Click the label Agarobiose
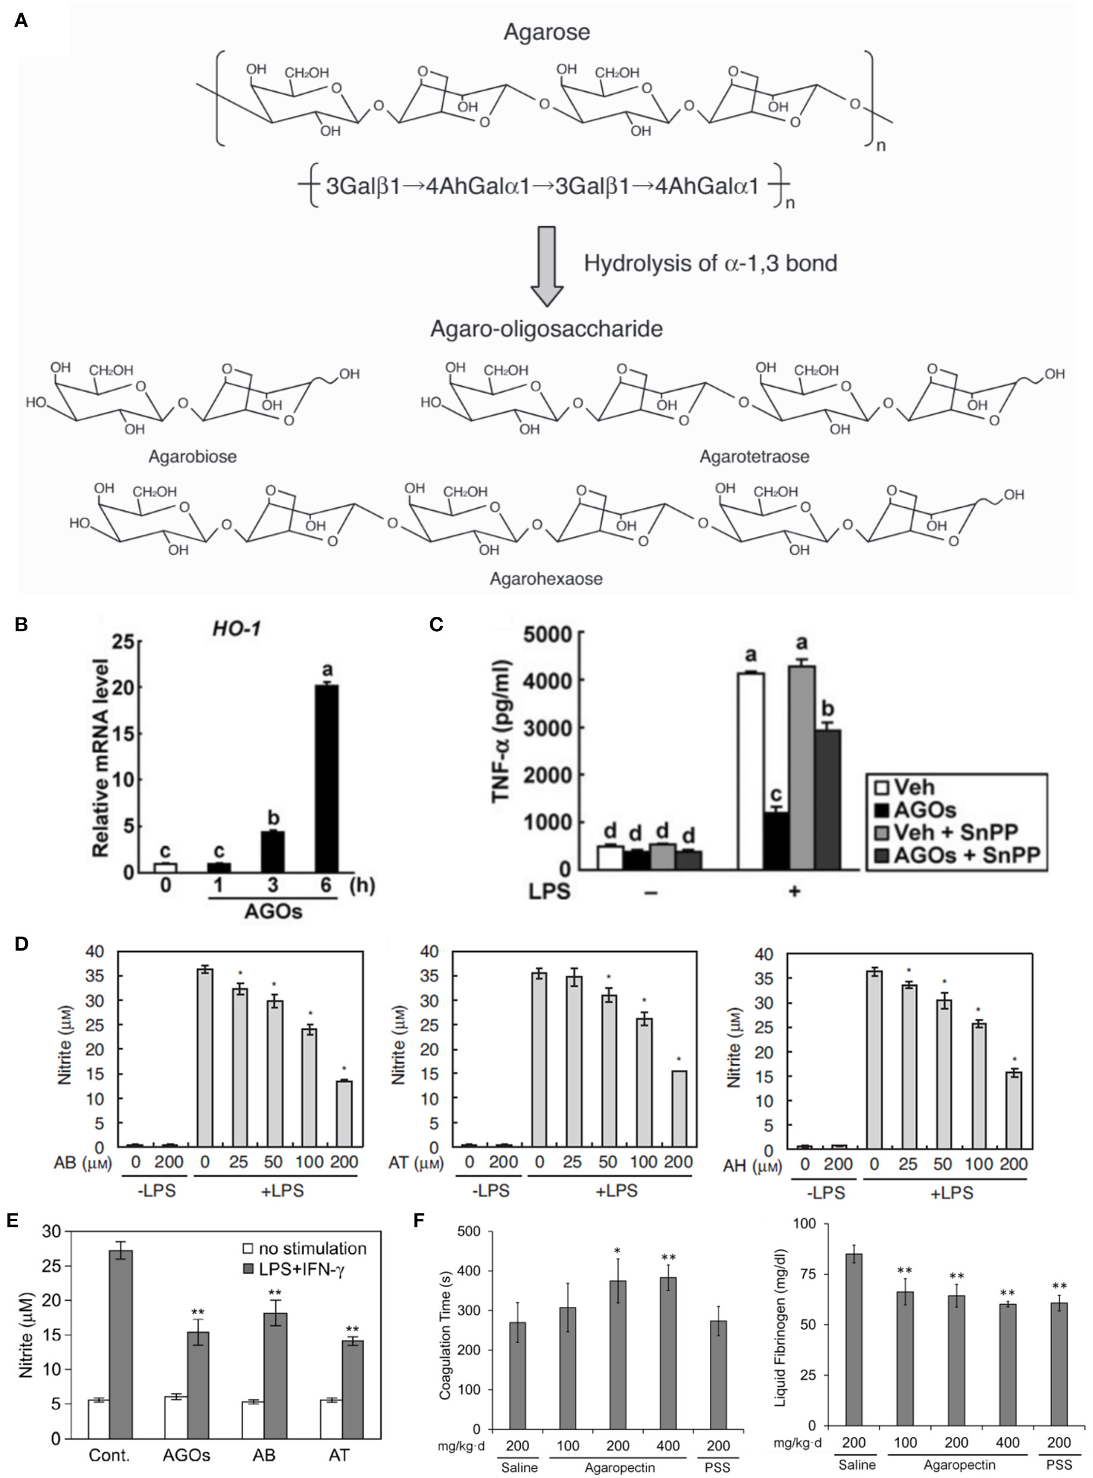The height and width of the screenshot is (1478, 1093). pyautogui.click(x=192, y=457)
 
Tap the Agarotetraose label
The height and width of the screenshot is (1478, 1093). pyautogui.click(x=754, y=457)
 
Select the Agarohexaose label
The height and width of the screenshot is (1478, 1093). pyautogui.click(x=546, y=579)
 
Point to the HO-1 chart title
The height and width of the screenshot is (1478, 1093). pyautogui.click(x=236, y=628)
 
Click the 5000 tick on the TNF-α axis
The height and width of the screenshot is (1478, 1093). pyautogui.click(x=546, y=634)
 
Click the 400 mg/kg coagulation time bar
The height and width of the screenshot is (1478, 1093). pyautogui.click(x=667, y=1353)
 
